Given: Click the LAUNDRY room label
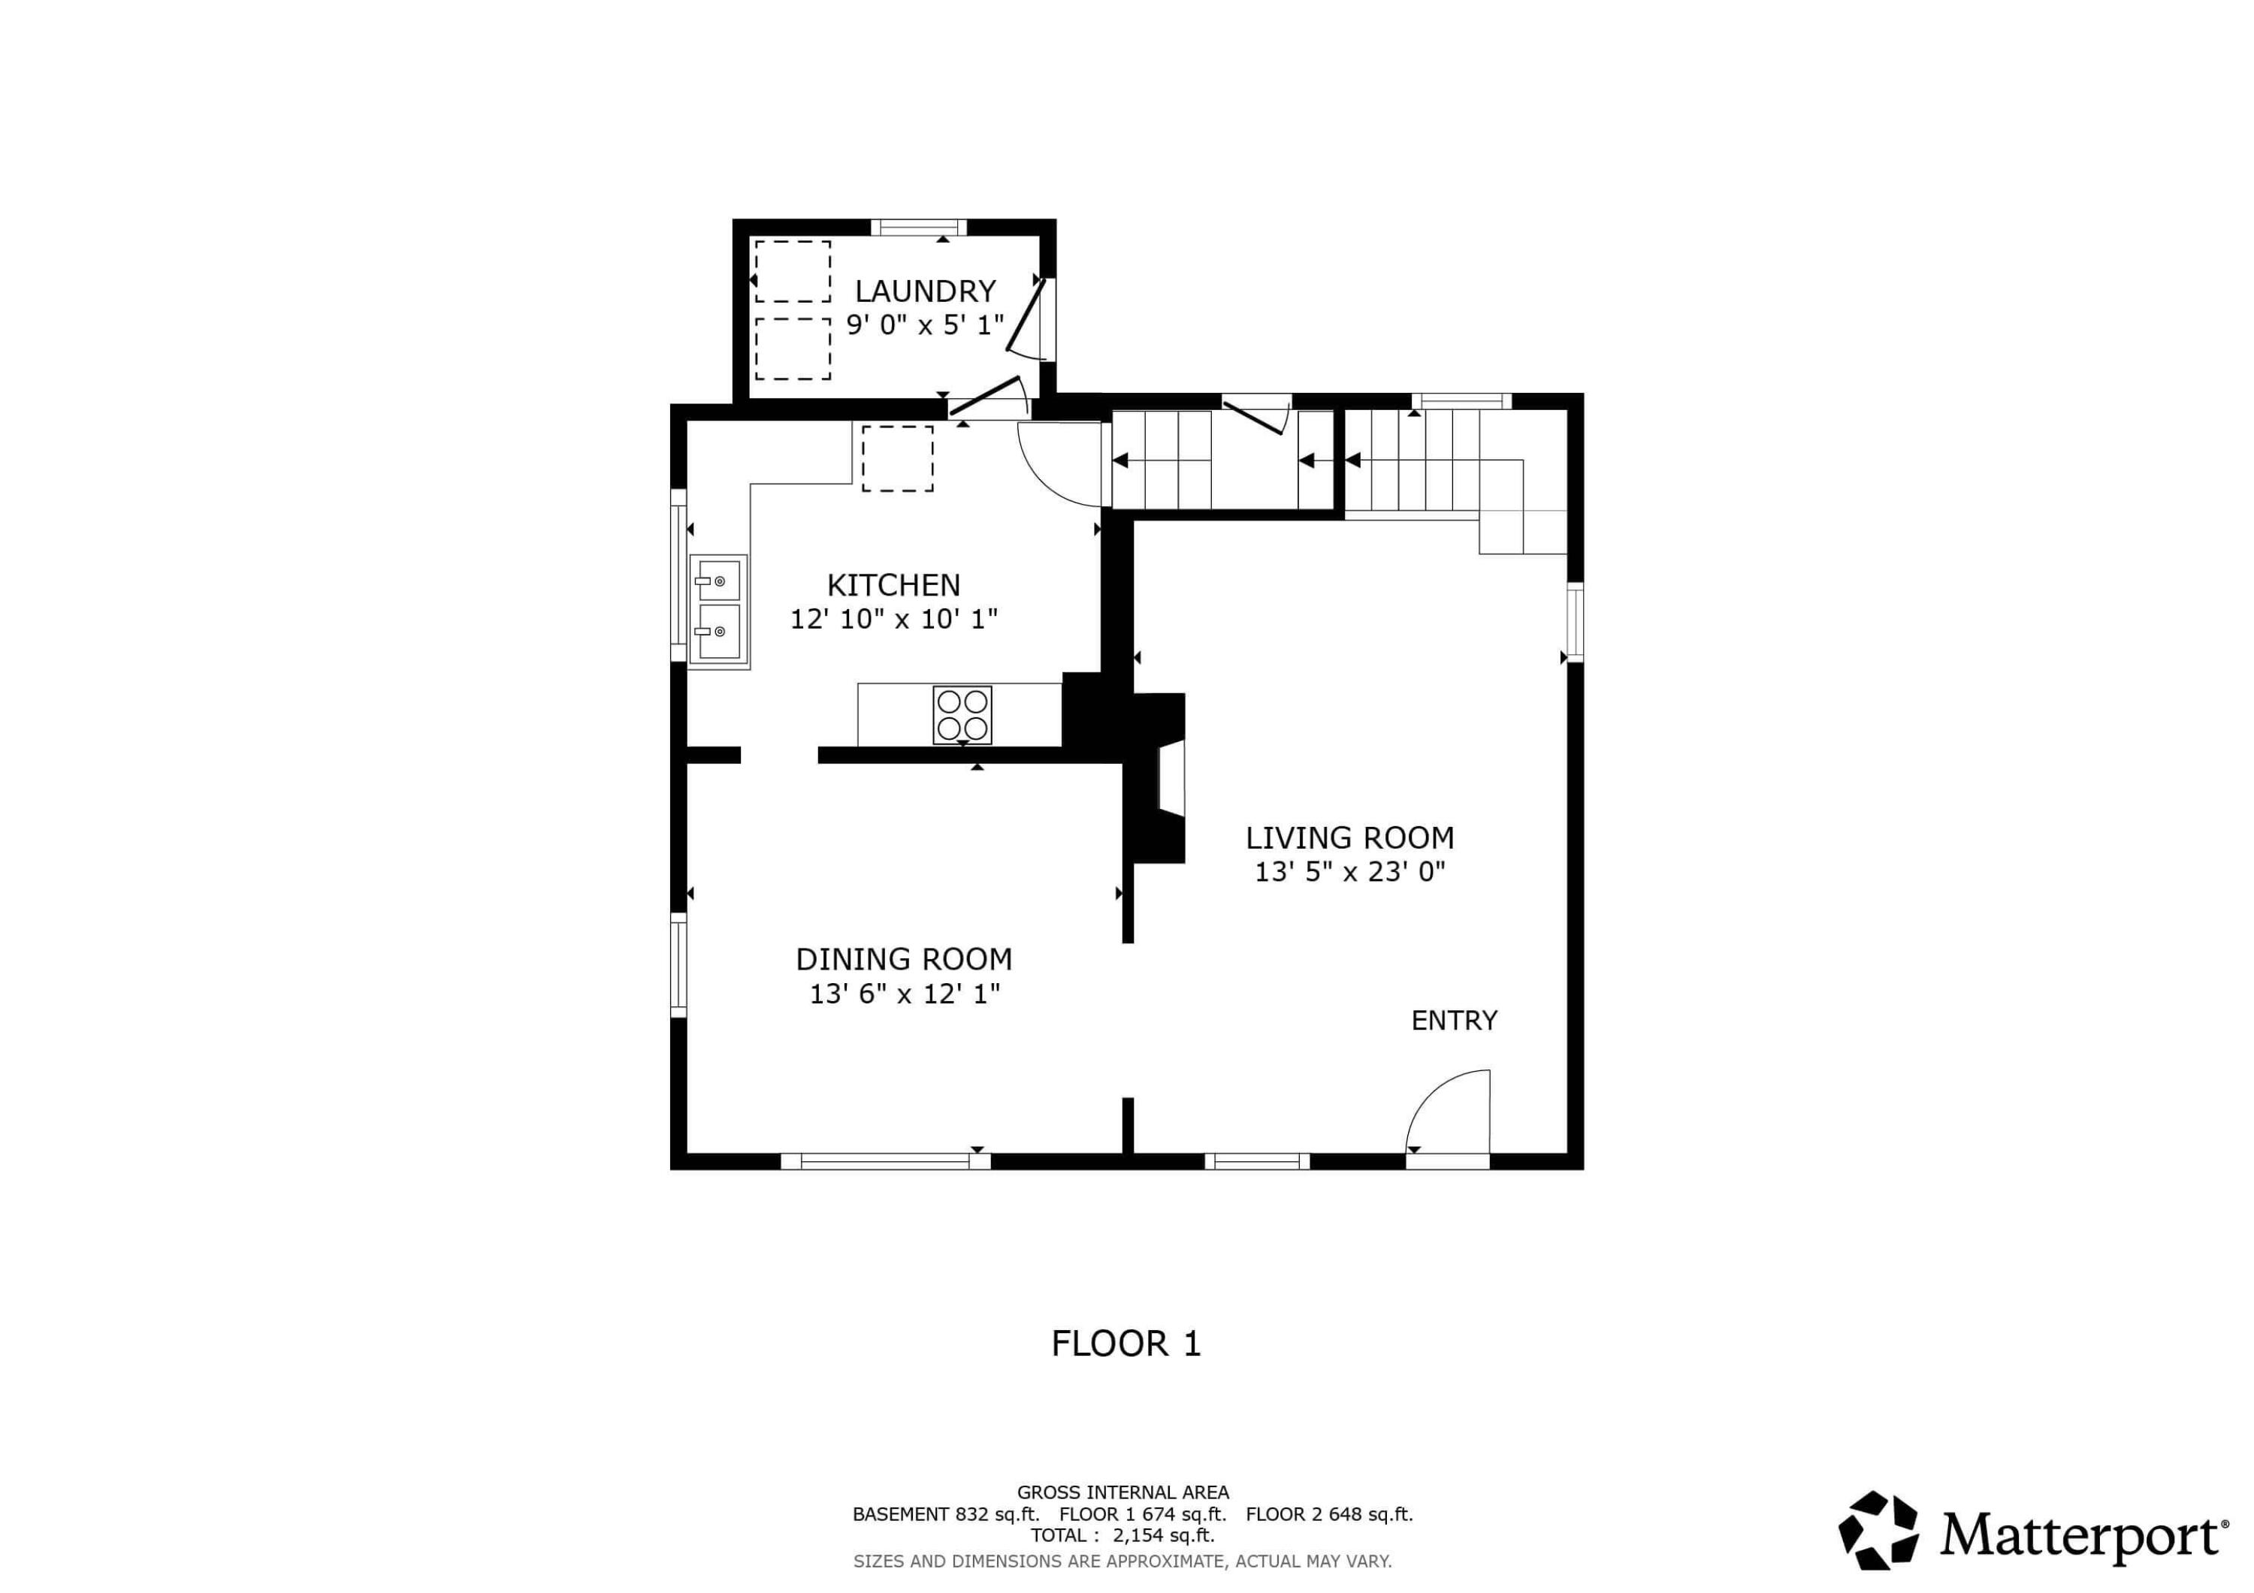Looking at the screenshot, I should (925, 291).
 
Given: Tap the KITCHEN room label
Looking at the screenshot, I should (893, 586).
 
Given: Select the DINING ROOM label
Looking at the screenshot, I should (903, 959).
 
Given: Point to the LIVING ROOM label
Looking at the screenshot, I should (1349, 838).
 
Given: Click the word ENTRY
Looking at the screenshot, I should (1453, 1021).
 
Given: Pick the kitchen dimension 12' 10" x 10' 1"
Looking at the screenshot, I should (893, 620).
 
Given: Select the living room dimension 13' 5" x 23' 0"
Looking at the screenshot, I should (1349, 871).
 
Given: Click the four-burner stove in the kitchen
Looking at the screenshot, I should (961, 716).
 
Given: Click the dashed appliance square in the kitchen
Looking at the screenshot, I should (896, 458).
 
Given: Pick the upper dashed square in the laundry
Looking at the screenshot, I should (792, 271).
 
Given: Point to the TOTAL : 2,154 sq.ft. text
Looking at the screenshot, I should (1122, 1535).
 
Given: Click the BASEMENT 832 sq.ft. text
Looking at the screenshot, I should (944, 1513).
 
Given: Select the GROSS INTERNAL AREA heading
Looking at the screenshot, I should (1122, 1493).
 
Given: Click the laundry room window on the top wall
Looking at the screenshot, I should (918, 228).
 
